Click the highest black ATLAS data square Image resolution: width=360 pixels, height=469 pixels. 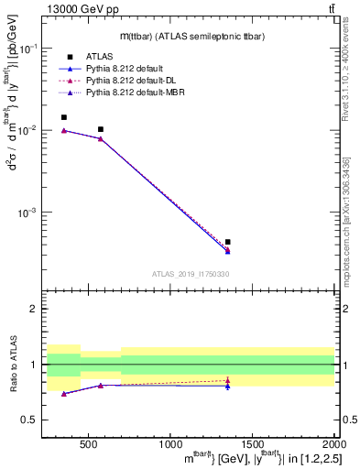63,117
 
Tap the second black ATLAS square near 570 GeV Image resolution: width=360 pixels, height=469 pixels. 100,129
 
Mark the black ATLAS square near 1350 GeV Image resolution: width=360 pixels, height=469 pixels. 227,242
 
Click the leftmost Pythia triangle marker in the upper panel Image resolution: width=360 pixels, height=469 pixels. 63,131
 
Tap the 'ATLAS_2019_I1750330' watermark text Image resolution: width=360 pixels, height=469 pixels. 191,274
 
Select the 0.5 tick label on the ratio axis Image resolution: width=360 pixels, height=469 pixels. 30,420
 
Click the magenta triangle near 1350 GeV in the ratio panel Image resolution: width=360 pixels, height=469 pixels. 227,380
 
